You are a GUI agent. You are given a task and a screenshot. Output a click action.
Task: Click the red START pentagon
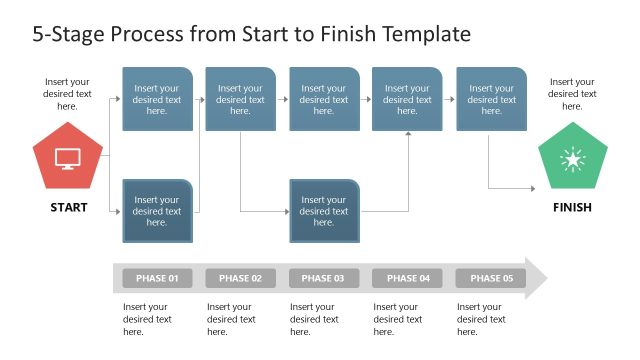point(68,159)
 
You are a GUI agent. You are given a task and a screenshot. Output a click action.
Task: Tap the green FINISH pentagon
point(572,159)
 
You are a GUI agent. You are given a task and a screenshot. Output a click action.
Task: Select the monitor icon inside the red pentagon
point(68,158)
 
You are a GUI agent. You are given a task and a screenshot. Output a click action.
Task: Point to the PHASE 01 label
point(157,278)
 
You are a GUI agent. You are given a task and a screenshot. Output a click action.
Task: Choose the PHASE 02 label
point(240,278)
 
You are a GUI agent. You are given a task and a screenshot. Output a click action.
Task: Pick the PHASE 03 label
point(323,278)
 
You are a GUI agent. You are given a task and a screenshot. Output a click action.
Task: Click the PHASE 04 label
point(407,278)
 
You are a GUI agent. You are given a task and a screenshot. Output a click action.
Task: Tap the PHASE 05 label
point(490,278)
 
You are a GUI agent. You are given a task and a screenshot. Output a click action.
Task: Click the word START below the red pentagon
point(68,208)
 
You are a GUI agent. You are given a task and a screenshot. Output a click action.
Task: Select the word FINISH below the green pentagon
point(572,208)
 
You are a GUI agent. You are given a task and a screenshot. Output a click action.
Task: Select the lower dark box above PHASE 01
point(157,211)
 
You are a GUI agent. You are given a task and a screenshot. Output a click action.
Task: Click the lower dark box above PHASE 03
point(324,211)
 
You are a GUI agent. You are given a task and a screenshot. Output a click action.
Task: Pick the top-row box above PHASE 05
point(491,99)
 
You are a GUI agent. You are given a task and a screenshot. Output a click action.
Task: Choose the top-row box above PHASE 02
point(240,99)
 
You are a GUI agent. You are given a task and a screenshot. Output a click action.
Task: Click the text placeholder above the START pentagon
point(67,94)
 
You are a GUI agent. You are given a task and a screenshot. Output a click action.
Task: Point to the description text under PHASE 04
point(398,319)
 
